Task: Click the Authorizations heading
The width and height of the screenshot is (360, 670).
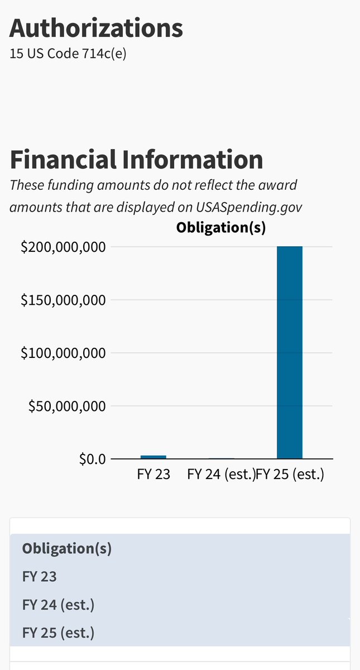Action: (x=96, y=28)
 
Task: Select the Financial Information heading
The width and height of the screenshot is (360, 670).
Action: (x=136, y=160)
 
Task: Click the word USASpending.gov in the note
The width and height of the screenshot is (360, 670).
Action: (x=249, y=207)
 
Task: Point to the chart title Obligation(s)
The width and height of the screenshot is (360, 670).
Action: (x=220, y=227)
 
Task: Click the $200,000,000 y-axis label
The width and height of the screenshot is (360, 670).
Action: (x=63, y=247)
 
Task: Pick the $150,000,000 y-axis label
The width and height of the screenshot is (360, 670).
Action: (x=63, y=300)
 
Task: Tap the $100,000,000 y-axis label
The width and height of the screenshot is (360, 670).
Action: (x=63, y=353)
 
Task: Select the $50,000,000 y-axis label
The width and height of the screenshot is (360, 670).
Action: (x=66, y=406)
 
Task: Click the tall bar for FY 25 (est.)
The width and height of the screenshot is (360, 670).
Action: (x=290, y=352)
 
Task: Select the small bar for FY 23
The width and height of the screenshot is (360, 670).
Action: (x=153, y=457)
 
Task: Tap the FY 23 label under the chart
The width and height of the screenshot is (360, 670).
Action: (x=153, y=475)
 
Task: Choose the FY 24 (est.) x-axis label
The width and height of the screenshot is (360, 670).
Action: (x=221, y=475)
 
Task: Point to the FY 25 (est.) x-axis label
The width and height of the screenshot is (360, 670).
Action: (x=290, y=475)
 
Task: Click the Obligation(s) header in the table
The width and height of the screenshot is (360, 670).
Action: (x=67, y=548)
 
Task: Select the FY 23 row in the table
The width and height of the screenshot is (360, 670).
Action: (x=40, y=576)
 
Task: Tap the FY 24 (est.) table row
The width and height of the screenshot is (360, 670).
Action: (x=58, y=605)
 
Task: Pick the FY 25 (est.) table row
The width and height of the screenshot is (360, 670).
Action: (x=58, y=633)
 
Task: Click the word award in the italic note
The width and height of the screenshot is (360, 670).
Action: (x=281, y=184)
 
